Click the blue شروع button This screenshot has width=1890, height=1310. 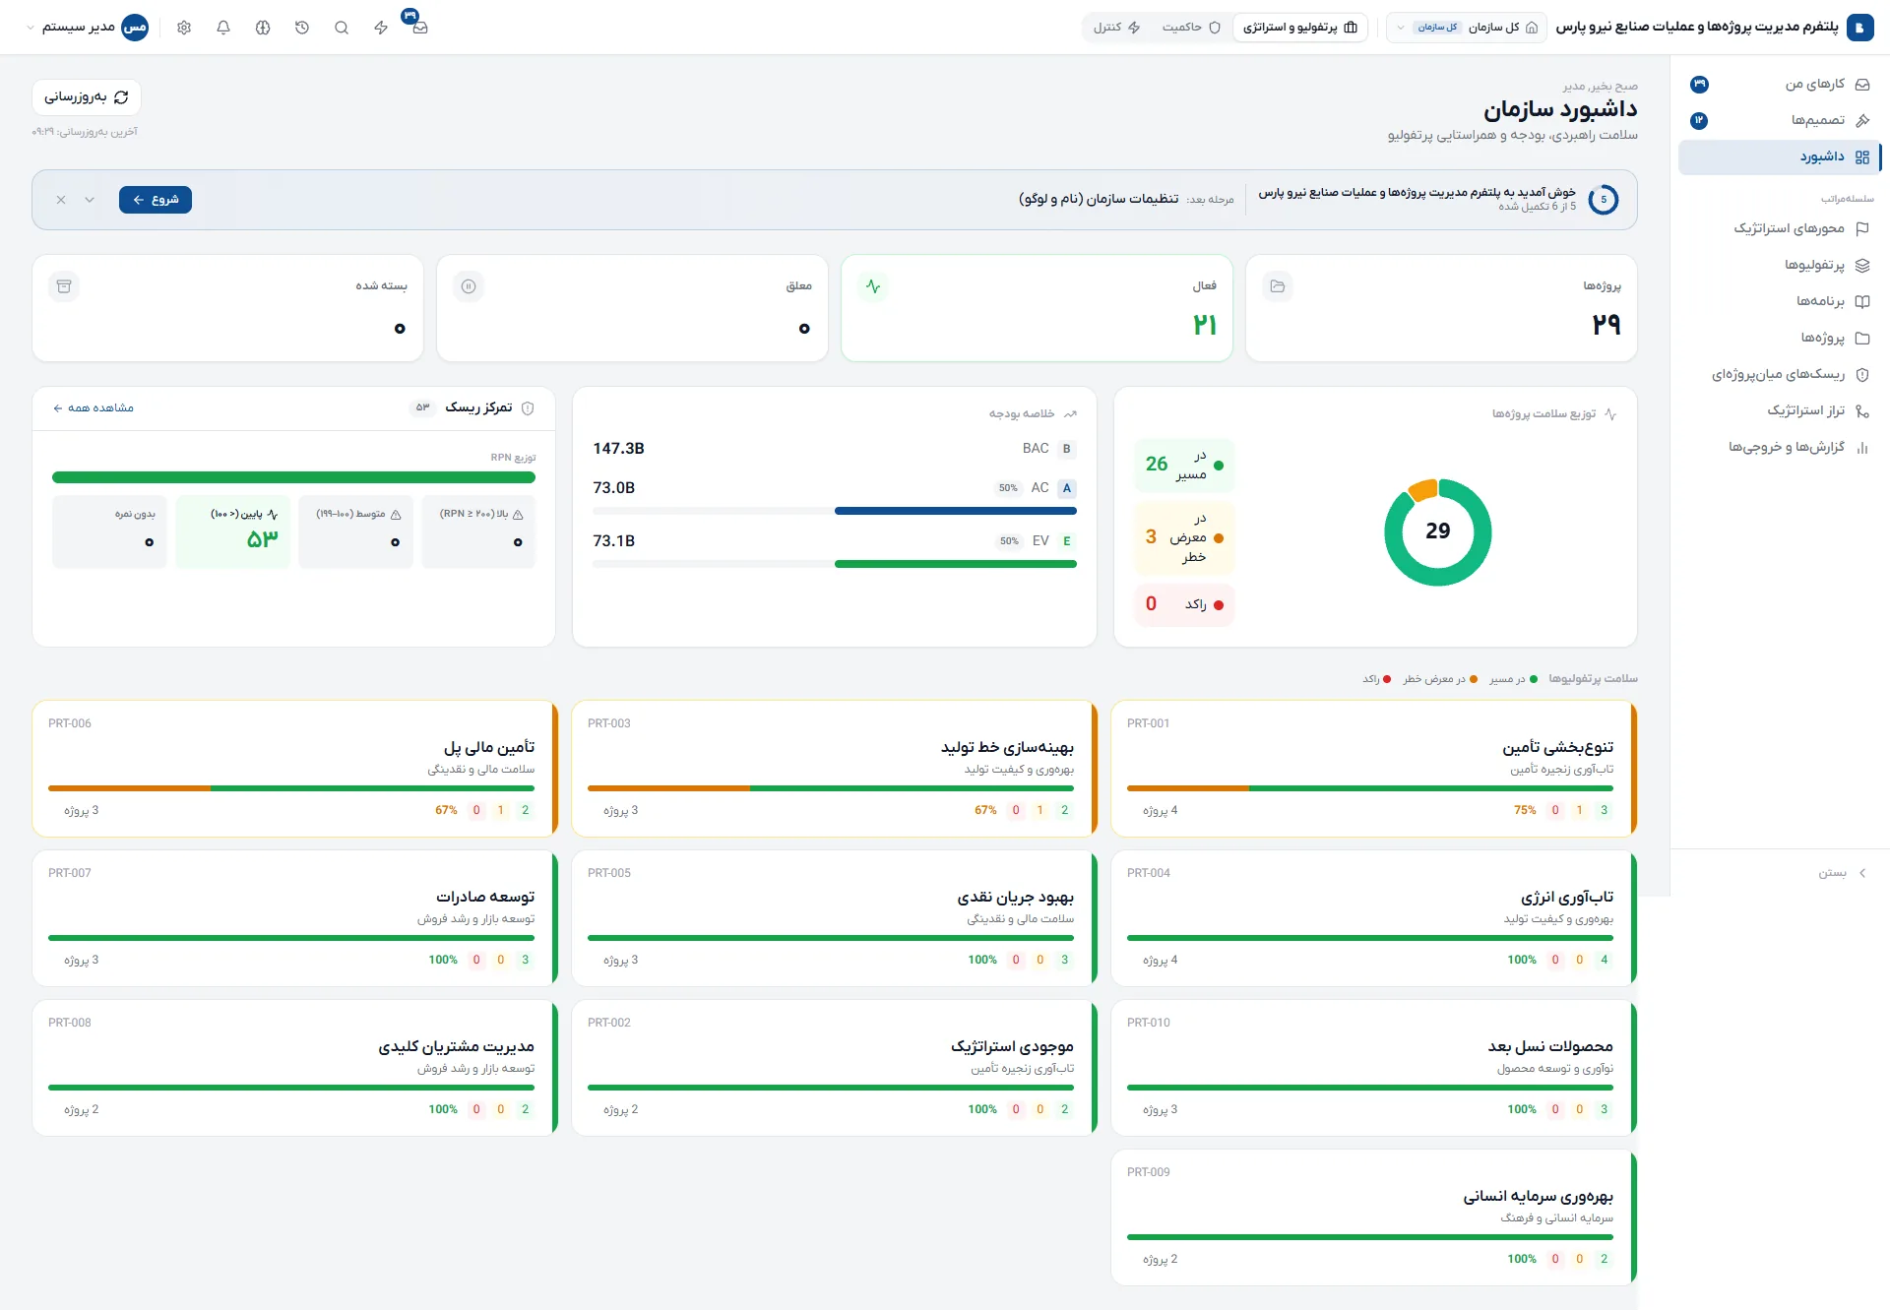click(x=156, y=200)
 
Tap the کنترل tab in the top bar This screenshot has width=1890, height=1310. click(x=1116, y=28)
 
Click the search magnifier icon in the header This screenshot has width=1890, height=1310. click(x=342, y=28)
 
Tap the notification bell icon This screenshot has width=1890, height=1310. click(x=223, y=28)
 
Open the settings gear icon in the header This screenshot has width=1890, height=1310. click(x=184, y=28)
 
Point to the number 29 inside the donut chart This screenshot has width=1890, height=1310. click(x=1438, y=531)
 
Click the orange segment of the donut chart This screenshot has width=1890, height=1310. click(x=1422, y=488)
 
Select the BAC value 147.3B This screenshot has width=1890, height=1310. click(x=618, y=449)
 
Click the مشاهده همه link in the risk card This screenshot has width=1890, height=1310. click(x=94, y=408)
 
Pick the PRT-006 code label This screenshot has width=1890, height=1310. click(x=70, y=723)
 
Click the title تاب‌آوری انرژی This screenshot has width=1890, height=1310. click(x=1567, y=898)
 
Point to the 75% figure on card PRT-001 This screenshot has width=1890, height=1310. click(x=1525, y=810)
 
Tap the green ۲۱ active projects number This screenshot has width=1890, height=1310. click(x=1205, y=325)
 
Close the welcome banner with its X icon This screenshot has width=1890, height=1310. click(x=61, y=200)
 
